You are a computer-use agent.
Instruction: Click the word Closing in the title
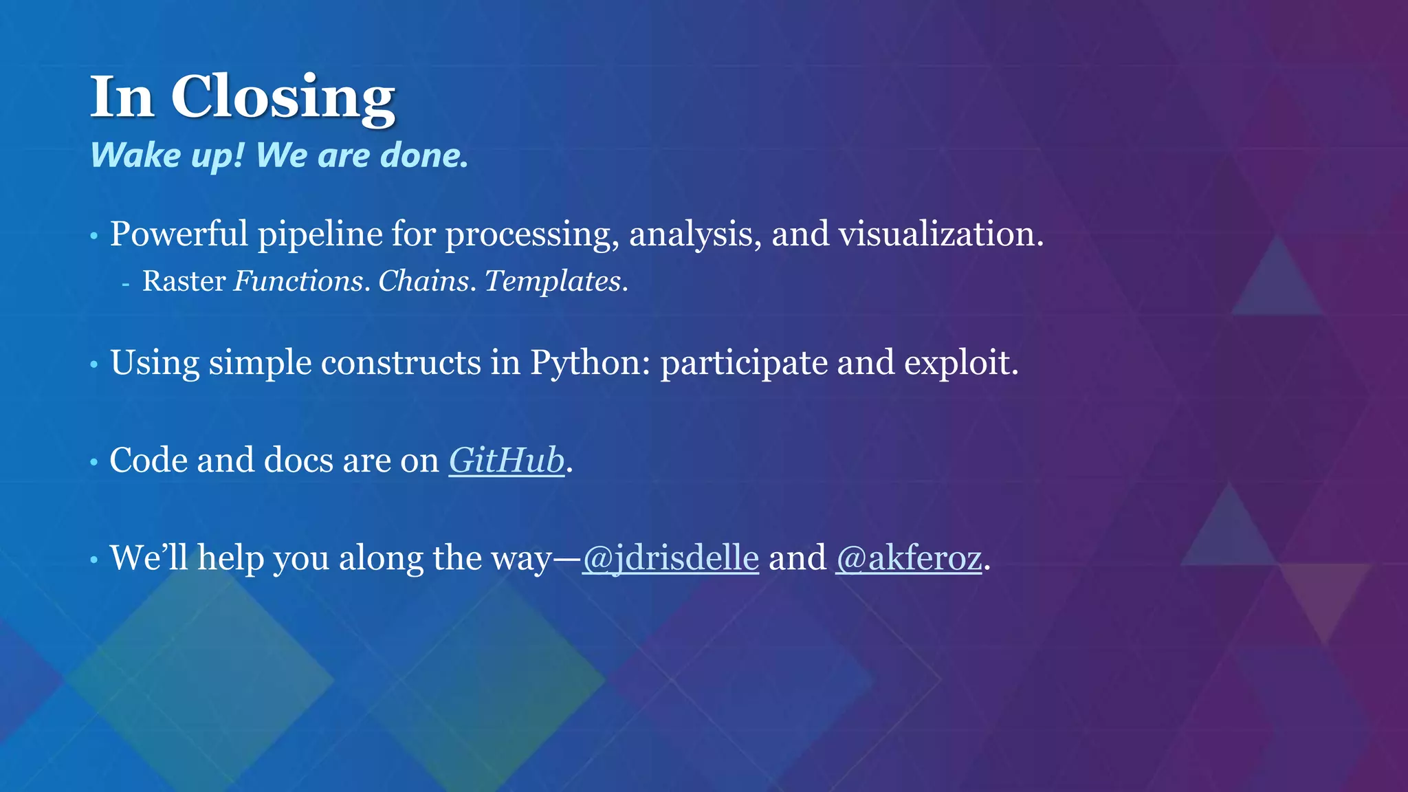(x=283, y=98)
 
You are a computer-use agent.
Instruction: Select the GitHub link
(x=507, y=460)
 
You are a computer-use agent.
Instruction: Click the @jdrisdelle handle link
(x=670, y=558)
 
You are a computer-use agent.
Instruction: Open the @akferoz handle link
(x=908, y=558)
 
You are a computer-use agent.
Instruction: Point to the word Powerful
(x=179, y=234)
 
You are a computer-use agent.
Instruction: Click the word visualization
(x=940, y=234)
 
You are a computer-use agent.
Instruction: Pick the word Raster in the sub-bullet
(x=184, y=281)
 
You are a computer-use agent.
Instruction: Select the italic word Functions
(x=298, y=281)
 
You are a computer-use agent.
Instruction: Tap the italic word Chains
(x=423, y=281)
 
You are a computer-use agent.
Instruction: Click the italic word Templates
(x=553, y=281)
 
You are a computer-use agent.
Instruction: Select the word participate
(x=744, y=362)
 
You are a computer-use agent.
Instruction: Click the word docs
(x=298, y=460)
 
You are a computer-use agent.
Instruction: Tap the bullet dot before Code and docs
(x=94, y=463)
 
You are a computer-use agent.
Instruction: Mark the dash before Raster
(x=125, y=283)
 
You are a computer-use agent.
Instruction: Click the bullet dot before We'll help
(x=94, y=560)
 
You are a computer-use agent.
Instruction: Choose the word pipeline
(x=320, y=234)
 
